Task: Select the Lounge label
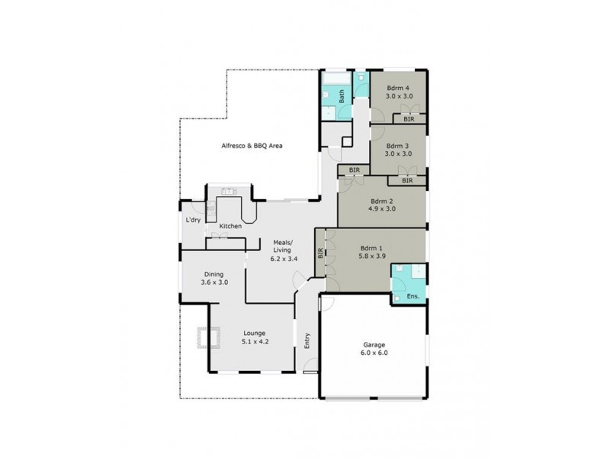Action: click(x=255, y=333)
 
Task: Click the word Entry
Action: click(x=307, y=341)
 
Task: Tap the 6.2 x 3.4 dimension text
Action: click(x=283, y=259)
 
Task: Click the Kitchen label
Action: click(x=230, y=227)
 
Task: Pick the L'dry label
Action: click(x=193, y=221)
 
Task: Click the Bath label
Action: click(x=342, y=96)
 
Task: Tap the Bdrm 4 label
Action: click(x=397, y=89)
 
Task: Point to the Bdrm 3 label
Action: click(x=398, y=146)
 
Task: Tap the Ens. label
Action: click(x=412, y=295)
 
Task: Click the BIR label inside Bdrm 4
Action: click(x=409, y=120)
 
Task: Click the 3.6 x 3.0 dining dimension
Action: click(x=213, y=282)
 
